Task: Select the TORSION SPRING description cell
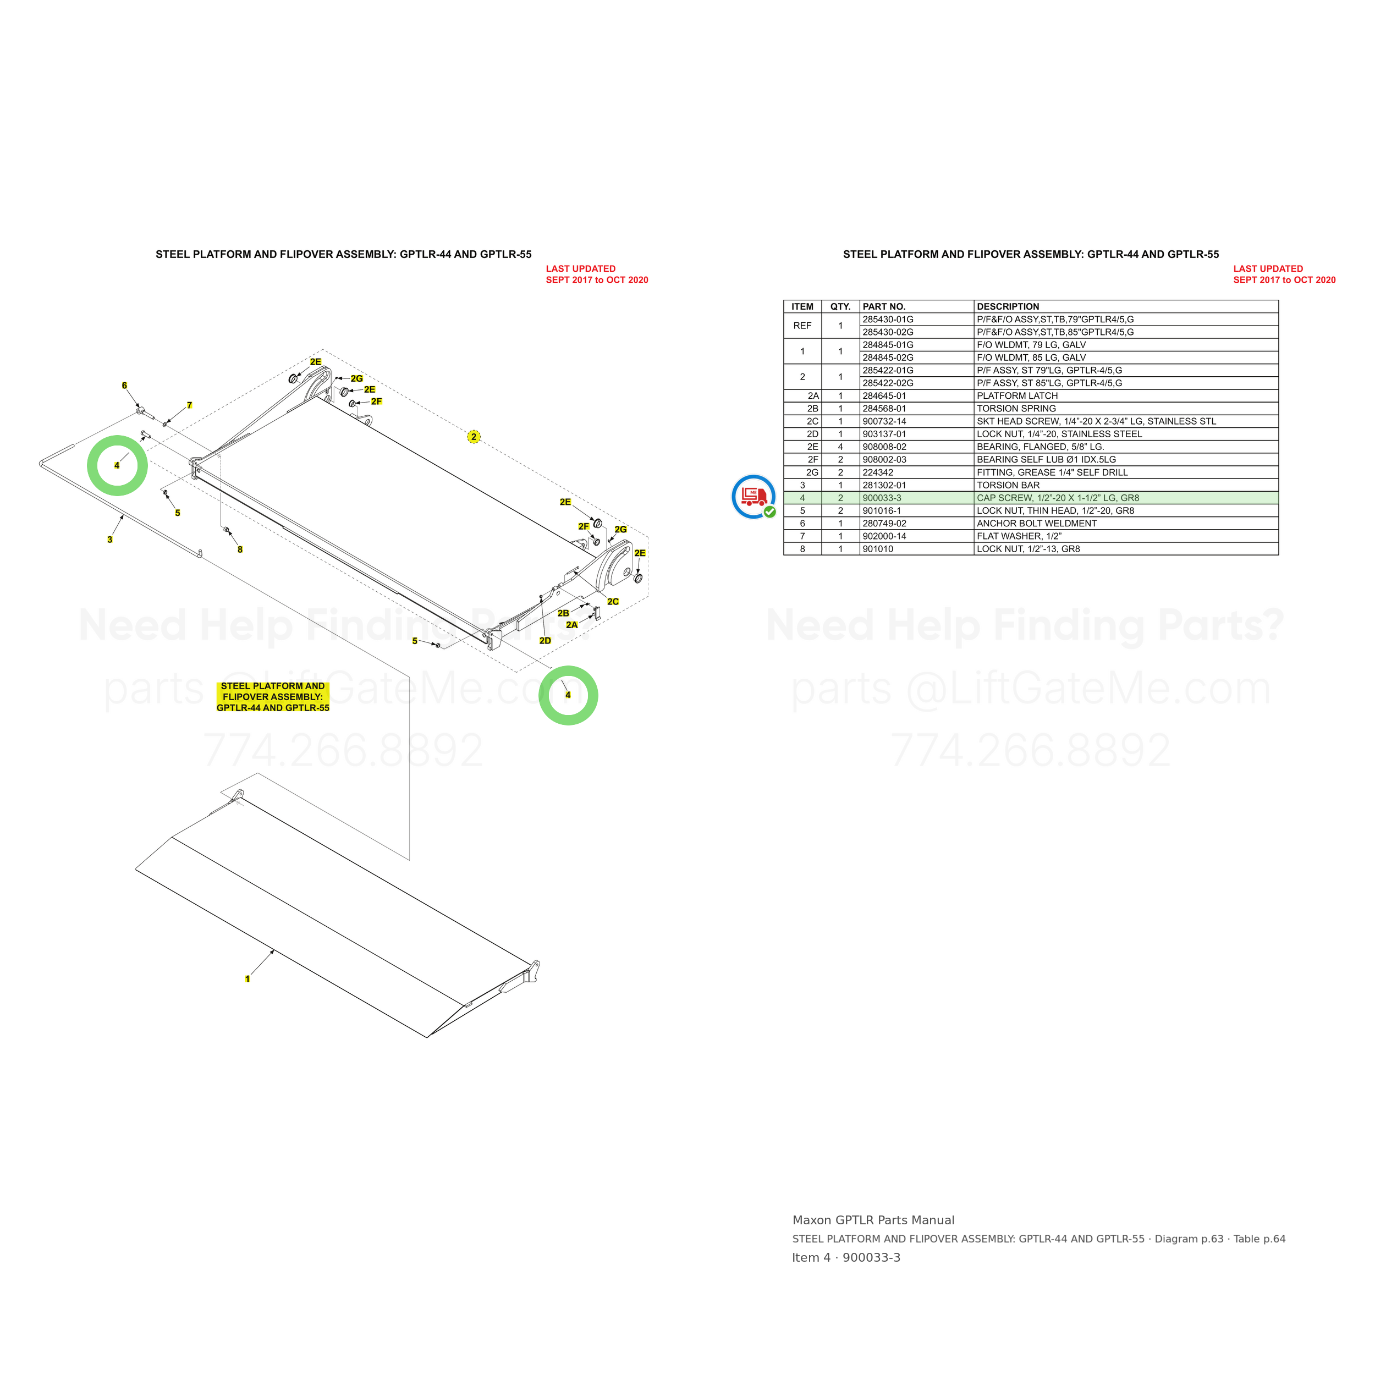[x=1126, y=409]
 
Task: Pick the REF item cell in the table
[x=802, y=326]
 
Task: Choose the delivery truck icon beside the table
[x=754, y=496]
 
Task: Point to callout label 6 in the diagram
[x=124, y=386]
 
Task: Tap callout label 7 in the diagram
[x=189, y=405]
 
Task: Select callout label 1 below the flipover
[x=248, y=978]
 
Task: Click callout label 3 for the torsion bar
[x=109, y=540]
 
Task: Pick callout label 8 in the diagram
[x=240, y=549]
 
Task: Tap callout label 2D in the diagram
[x=545, y=641]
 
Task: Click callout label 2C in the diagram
[x=613, y=601]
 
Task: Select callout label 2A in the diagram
[x=571, y=625]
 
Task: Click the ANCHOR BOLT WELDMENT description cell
[x=1126, y=523]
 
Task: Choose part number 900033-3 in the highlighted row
[x=882, y=498]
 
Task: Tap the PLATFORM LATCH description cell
[x=1126, y=395]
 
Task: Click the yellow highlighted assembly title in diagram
[x=273, y=697]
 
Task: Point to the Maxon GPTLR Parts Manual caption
[x=873, y=1220]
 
